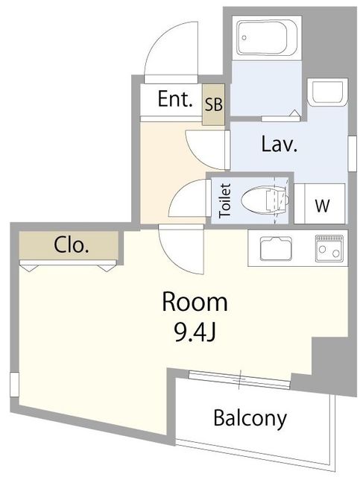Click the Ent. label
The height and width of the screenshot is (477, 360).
175,99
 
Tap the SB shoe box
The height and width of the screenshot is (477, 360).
214,104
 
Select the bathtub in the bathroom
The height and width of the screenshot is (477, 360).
267,38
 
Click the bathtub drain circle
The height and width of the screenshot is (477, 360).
244,38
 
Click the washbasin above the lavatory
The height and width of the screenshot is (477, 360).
327,92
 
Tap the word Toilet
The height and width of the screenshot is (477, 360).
226,200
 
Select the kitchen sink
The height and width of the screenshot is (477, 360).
276,248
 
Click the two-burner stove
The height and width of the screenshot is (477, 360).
329,248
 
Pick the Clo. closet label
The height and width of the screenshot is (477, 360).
72,245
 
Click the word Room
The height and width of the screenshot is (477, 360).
195,302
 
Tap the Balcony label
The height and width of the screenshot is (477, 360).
250,419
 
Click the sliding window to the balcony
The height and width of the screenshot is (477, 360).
239,379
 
